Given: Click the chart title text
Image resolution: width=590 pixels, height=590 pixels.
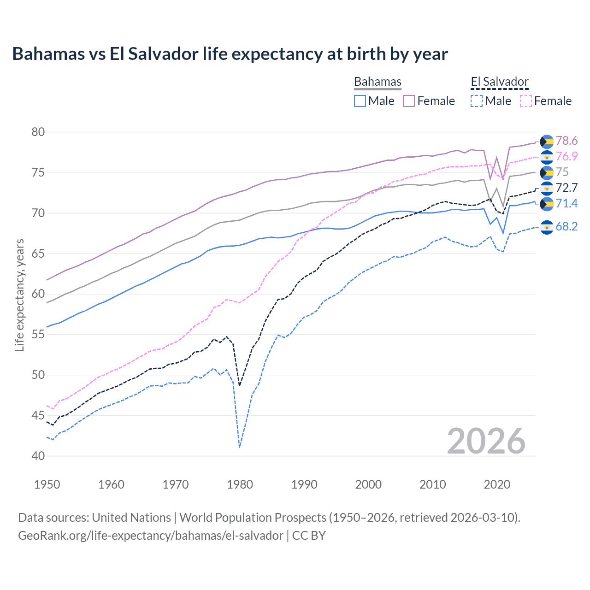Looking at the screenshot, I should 230,54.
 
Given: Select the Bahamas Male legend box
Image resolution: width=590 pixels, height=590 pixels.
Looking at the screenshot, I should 360,101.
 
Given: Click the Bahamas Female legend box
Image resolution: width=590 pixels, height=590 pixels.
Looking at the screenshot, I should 409,101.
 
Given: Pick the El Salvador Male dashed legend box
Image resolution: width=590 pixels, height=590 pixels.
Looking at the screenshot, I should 477,101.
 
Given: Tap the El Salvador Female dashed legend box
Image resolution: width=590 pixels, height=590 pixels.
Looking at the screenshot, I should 526,101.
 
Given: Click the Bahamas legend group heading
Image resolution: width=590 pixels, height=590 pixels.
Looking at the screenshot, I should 378,82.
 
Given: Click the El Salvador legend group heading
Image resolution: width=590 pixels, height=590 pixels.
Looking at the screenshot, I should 499,82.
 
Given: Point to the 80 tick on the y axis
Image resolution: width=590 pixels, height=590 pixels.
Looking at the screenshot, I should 38,132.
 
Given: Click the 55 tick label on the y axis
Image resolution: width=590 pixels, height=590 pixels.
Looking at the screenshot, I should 38,335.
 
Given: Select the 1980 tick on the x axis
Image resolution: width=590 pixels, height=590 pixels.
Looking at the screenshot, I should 240,484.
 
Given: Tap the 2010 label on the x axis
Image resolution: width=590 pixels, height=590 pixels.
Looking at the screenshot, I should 432,484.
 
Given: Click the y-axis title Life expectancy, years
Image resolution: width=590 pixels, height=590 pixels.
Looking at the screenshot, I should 19,295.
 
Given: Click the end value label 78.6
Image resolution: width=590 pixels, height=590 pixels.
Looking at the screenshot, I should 566,141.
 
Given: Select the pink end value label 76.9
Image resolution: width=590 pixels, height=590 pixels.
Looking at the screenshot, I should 566,156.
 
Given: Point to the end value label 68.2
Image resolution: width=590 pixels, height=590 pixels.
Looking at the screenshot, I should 566,226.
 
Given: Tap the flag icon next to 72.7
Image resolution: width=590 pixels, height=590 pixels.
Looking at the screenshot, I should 547,188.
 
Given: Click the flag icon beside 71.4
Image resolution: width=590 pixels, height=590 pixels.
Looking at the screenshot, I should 547,204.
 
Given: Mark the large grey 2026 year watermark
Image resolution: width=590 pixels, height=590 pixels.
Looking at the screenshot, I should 486,441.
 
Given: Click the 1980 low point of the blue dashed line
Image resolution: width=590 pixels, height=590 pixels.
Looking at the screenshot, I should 240,447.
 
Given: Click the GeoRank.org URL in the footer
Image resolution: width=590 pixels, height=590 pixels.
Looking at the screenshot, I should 151,536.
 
